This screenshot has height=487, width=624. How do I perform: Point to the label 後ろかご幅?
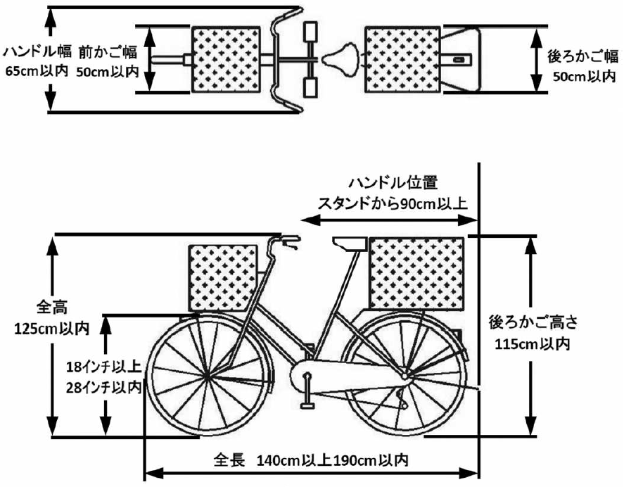click(582, 55)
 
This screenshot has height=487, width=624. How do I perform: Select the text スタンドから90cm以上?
click(394, 203)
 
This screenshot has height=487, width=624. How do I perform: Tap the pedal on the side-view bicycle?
click(307, 404)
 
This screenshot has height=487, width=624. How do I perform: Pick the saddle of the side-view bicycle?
click(350, 243)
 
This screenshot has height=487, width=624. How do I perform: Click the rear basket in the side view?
click(416, 274)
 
